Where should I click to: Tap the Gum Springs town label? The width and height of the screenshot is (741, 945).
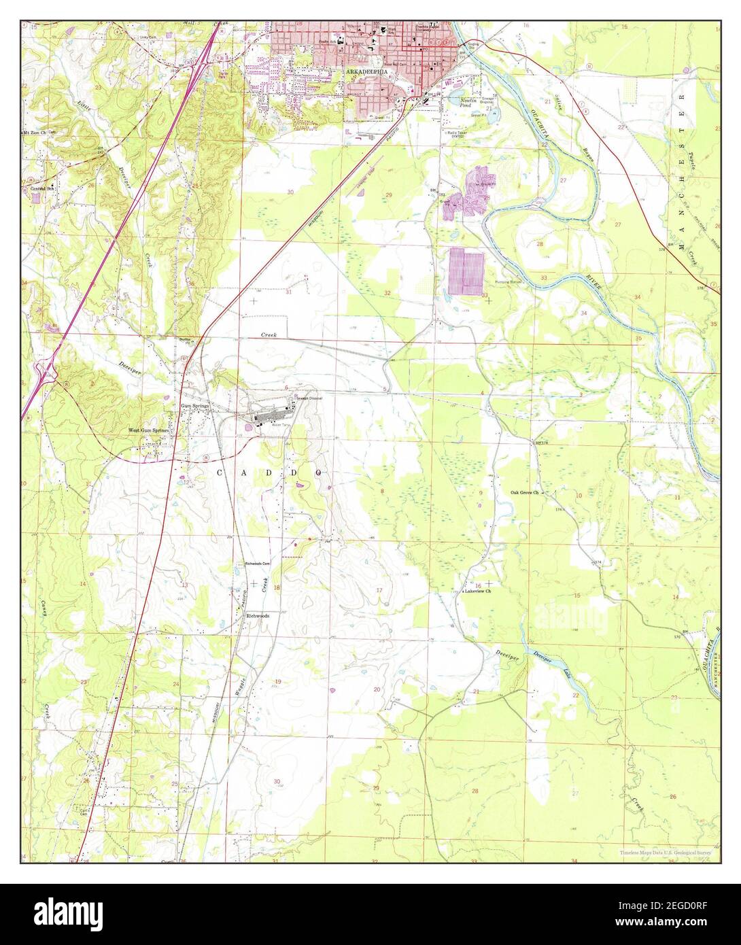[x=195, y=406]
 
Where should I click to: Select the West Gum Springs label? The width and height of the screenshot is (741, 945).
[x=152, y=430]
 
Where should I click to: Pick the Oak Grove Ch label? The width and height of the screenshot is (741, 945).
[x=525, y=492]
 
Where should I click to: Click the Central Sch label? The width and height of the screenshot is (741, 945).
[x=40, y=188]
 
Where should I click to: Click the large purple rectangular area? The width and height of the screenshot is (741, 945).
[x=466, y=271]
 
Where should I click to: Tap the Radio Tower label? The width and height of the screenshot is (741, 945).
[x=460, y=132]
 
